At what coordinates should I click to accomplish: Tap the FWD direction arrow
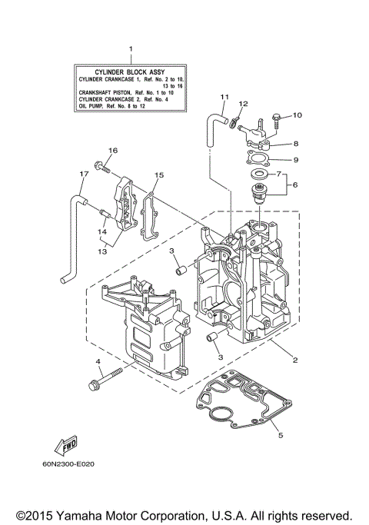64,445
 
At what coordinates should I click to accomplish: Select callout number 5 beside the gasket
280,436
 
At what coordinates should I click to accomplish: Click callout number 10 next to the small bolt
298,115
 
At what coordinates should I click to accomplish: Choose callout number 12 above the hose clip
244,103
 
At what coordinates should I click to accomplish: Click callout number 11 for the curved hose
224,96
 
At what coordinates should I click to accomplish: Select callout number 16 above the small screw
112,150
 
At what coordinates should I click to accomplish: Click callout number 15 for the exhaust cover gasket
160,175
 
